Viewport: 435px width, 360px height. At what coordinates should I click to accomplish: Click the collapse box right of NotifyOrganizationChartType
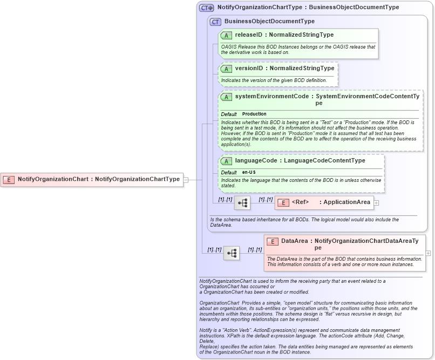pos(186,179)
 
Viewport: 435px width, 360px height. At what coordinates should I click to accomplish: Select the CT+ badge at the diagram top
pos(207,8)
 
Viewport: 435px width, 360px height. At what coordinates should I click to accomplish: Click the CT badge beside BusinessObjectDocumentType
pos(215,22)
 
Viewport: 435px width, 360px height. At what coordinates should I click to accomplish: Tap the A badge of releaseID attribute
pos(226,35)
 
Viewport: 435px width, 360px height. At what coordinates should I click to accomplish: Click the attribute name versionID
pos(249,69)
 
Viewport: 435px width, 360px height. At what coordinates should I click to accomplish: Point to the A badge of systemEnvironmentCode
pos(226,97)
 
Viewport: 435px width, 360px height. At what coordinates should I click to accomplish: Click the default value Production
pos(254,114)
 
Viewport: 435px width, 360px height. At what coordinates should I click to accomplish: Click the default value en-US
pos(249,172)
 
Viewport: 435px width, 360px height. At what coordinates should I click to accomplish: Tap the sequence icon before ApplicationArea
pos(242,202)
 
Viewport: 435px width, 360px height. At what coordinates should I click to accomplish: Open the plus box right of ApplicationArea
pos(377,202)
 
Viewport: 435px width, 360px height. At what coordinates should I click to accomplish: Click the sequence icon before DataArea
pos(232,253)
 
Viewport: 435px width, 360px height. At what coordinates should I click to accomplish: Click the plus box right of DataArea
pos(428,253)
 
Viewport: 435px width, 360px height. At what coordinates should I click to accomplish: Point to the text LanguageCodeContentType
pos(325,161)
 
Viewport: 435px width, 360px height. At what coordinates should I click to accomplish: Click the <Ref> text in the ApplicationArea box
pos(300,202)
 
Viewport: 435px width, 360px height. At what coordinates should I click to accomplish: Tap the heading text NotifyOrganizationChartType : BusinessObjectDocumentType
pos(308,8)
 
